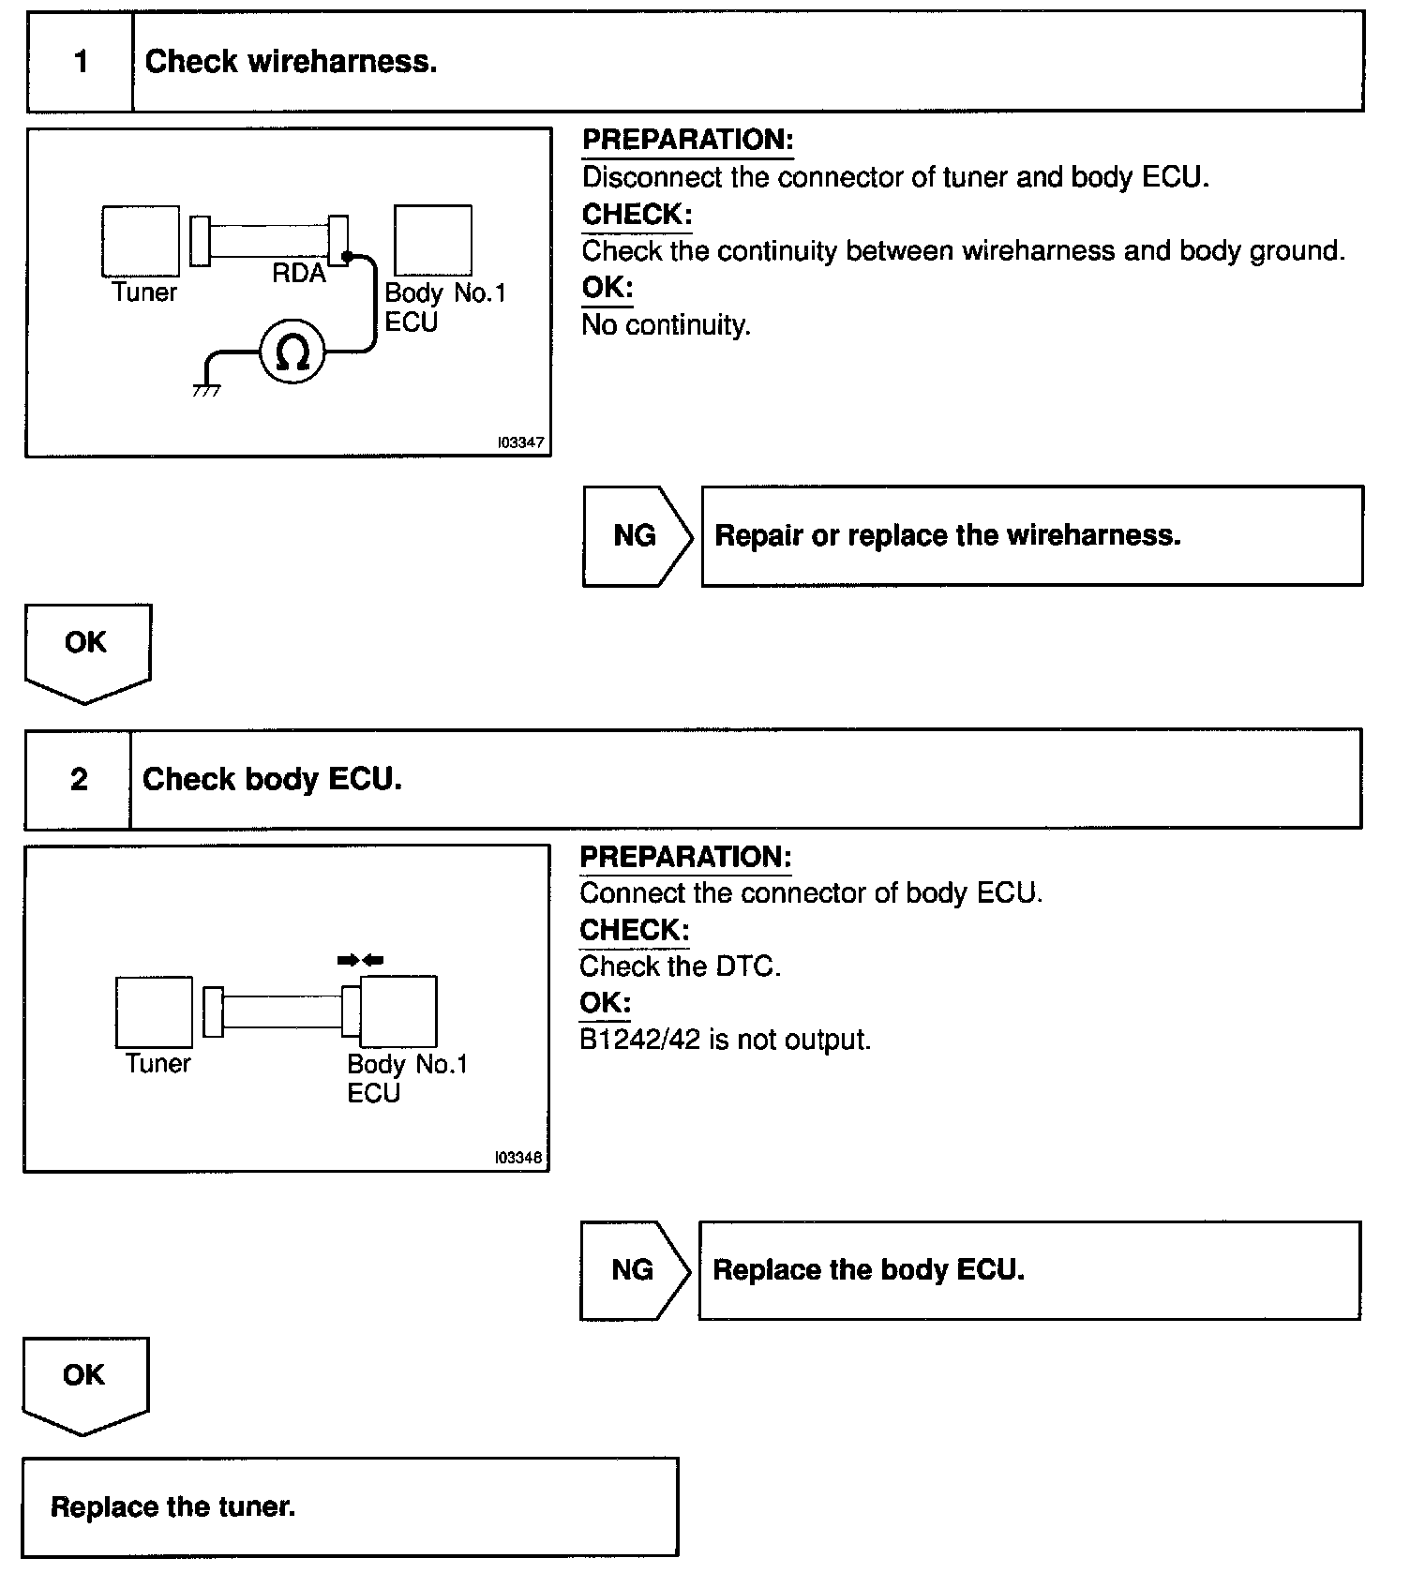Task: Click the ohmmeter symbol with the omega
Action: click(x=292, y=352)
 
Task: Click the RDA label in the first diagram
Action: click(x=299, y=274)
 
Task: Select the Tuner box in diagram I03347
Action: click(x=141, y=241)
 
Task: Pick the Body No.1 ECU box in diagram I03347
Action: click(x=432, y=241)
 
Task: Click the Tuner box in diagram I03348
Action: click(x=154, y=1012)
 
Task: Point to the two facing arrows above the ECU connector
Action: click(x=361, y=960)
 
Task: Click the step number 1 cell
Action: click(x=81, y=62)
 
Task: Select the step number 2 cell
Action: click(x=79, y=779)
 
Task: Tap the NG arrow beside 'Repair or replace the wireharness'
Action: click(x=636, y=536)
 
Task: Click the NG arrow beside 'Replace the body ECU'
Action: click(x=633, y=1270)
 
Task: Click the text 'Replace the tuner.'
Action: click(x=172, y=1507)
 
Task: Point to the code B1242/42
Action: click(x=639, y=1040)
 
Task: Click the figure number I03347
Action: click(x=521, y=442)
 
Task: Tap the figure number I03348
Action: click(x=518, y=1158)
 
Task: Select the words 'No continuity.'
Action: click(x=666, y=325)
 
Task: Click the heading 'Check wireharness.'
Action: click(x=291, y=62)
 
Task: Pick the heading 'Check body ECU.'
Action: click(x=272, y=779)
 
